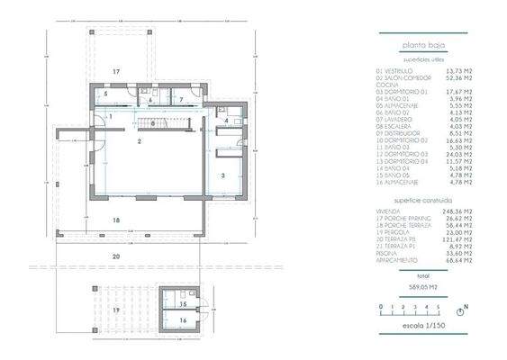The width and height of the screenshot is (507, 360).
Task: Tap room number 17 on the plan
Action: tap(116, 70)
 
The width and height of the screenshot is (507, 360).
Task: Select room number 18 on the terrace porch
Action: tap(116, 220)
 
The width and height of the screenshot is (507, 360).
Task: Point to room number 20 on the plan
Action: tap(116, 256)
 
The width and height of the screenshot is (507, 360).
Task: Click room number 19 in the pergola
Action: tap(116, 309)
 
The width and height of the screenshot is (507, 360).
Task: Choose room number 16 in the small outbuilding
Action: tap(181, 319)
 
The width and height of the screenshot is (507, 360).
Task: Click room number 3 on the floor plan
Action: tap(222, 176)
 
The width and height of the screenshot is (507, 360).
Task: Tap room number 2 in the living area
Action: tap(140, 142)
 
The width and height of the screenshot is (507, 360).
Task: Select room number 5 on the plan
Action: tap(104, 94)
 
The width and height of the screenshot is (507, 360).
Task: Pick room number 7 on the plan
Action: tap(180, 99)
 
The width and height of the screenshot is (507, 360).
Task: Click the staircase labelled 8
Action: tap(154, 123)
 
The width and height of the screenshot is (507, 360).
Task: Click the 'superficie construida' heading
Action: tap(422, 201)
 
